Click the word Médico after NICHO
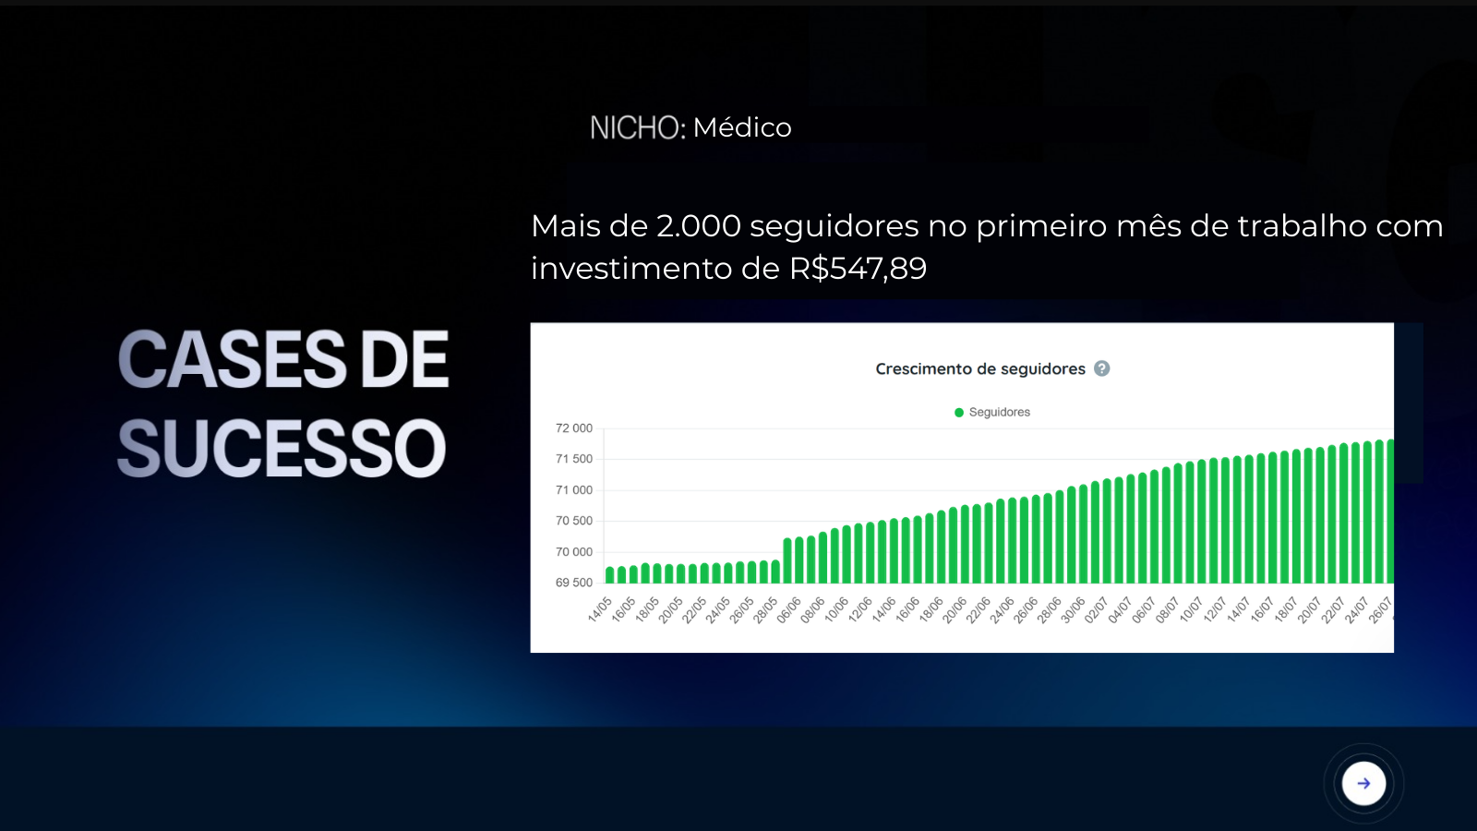(x=742, y=127)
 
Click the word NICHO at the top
(x=633, y=127)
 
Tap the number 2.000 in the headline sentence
(x=698, y=226)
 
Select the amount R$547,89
(x=858, y=269)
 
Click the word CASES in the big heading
(x=232, y=360)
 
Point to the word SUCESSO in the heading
(x=282, y=449)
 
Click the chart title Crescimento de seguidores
(x=979, y=368)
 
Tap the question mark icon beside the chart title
(x=1102, y=368)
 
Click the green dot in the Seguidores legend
(x=959, y=412)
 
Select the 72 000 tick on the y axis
(x=573, y=428)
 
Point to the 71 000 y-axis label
(x=573, y=490)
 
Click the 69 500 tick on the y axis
(x=573, y=583)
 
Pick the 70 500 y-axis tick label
(x=573, y=521)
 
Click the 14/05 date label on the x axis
(x=600, y=610)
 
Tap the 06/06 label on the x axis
(x=788, y=610)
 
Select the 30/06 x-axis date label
(x=1073, y=610)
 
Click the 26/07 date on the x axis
(x=1380, y=610)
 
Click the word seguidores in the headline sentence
(x=835, y=227)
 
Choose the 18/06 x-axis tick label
(x=931, y=610)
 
